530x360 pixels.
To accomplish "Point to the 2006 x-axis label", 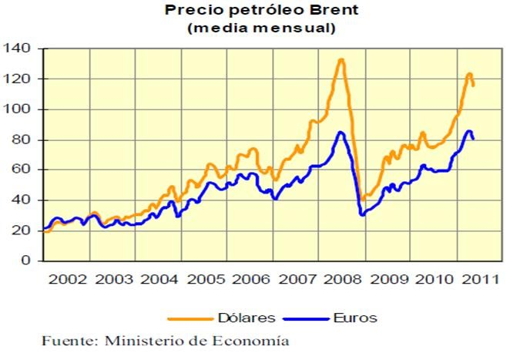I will pos(250,278).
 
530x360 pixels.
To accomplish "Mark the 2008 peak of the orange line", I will pos(340,59).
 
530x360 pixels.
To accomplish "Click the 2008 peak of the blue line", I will pos(340,132).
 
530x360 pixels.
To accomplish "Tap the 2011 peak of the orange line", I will pos(469,74).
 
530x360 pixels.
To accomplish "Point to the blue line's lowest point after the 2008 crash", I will pos(361,214).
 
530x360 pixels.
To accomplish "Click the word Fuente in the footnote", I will pos(63,341).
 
